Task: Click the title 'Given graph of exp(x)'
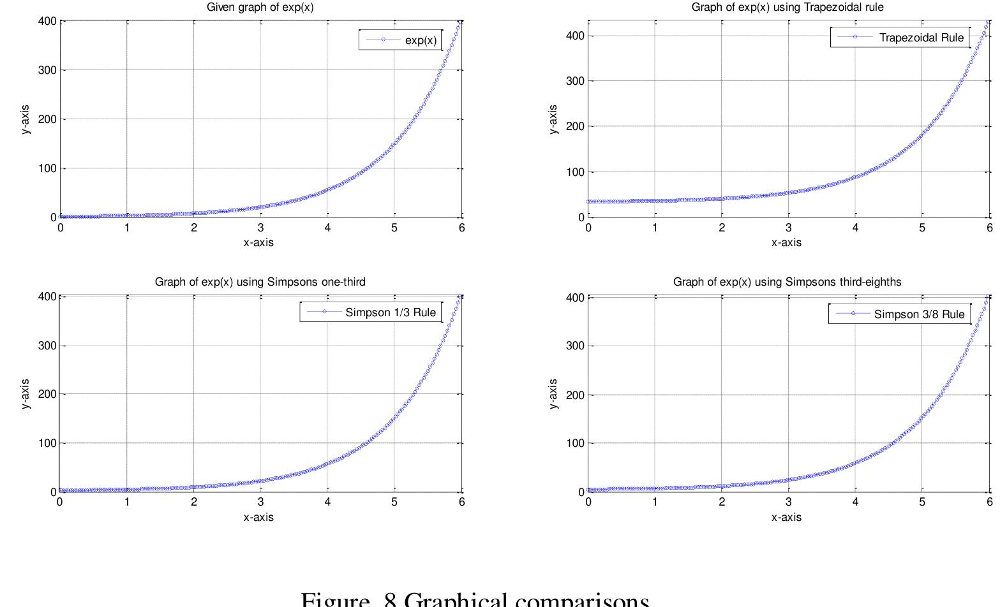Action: (x=260, y=8)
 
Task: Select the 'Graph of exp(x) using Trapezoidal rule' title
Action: (x=787, y=8)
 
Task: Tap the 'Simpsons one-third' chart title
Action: (x=260, y=282)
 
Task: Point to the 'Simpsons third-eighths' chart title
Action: (x=787, y=282)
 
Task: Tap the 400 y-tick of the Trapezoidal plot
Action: (x=575, y=36)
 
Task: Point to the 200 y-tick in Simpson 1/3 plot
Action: (x=47, y=394)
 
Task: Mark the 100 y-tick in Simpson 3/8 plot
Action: (x=575, y=443)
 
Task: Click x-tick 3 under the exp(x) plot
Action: (x=260, y=228)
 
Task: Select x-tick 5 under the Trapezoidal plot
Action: (x=922, y=228)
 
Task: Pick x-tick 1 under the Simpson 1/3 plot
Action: (x=127, y=502)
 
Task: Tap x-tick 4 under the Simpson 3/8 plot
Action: (x=855, y=502)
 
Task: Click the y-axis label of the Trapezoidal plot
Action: (x=553, y=119)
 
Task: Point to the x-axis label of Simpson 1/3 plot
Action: (x=258, y=517)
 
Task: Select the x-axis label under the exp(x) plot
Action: (x=258, y=242)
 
